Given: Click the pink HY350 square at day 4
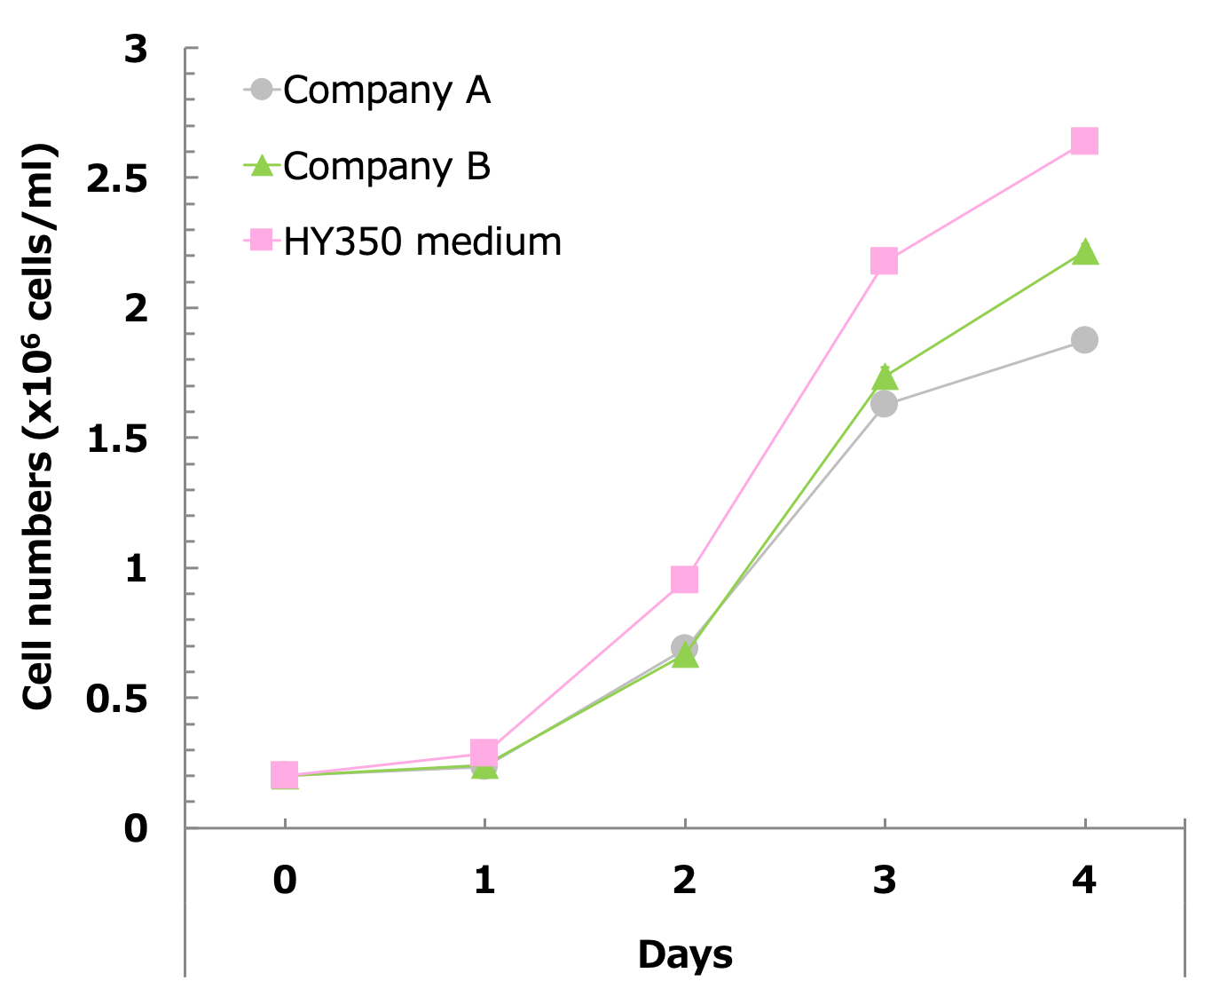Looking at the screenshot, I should (x=1084, y=141).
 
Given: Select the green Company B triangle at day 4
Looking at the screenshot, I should (x=1084, y=253).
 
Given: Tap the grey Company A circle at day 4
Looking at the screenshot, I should (x=1084, y=340).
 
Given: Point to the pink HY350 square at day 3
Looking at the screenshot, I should (x=884, y=261).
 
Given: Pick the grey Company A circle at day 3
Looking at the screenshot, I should (x=884, y=405).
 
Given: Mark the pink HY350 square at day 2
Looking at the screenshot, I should (x=684, y=580).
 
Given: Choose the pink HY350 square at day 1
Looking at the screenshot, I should (x=484, y=753).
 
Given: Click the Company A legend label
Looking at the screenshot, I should (x=387, y=90).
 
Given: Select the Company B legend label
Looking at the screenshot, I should (x=387, y=166).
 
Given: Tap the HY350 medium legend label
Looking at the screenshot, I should (x=422, y=241).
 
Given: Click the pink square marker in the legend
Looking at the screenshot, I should (x=261, y=240).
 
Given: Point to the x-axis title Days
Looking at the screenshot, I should (x=685, y=954).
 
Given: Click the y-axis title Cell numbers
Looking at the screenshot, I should (x=39, y=426).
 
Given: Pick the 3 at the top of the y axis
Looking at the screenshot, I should (x=136, y=50).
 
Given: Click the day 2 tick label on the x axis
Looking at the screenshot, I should (x=684, y=880).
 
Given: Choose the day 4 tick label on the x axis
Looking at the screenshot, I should (x=1084, y=880).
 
